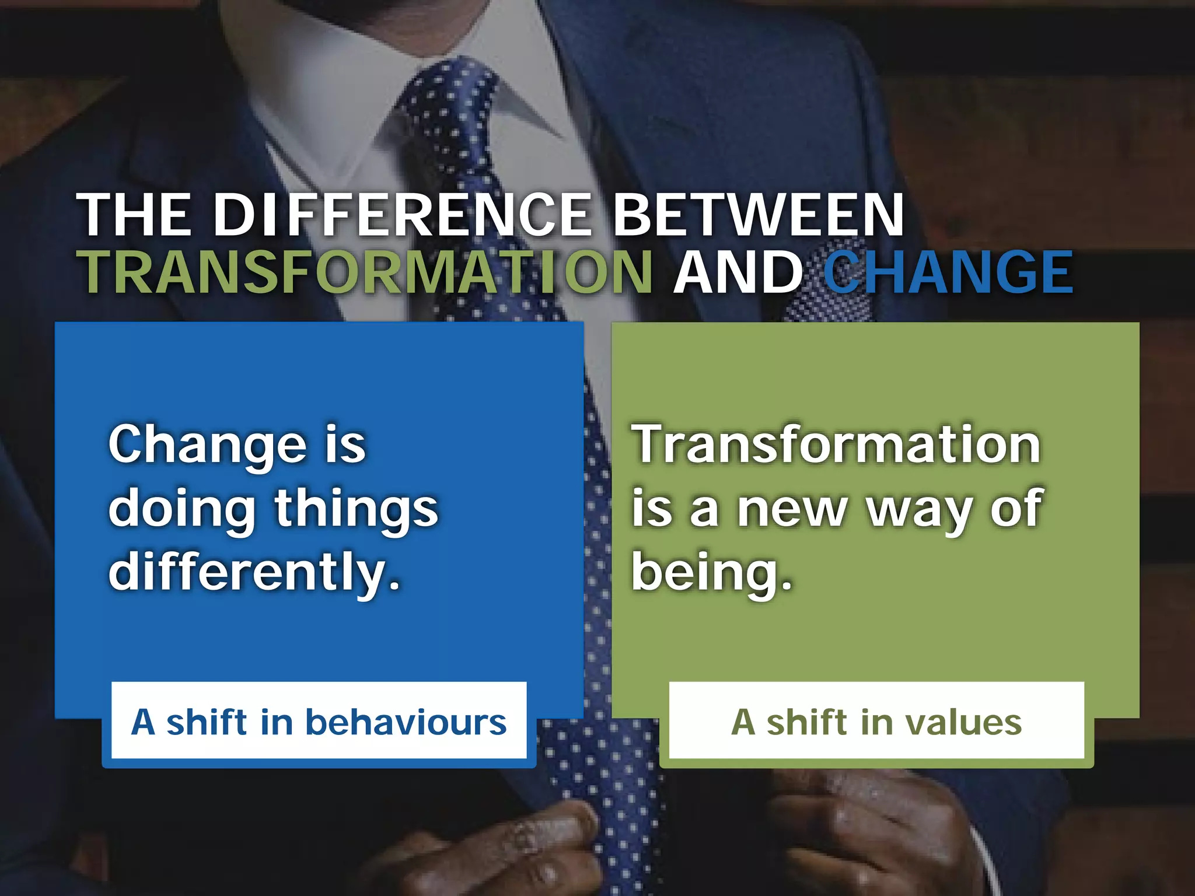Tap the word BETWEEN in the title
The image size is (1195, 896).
pos(759,215)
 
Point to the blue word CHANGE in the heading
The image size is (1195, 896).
pos(948,272)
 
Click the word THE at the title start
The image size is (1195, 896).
pos(134,215)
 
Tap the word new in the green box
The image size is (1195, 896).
pos(791,509)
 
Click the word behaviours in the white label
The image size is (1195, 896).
pos(406,722)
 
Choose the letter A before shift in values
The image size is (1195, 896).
pos(744,722)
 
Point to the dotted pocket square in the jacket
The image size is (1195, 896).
pos(829,280)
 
